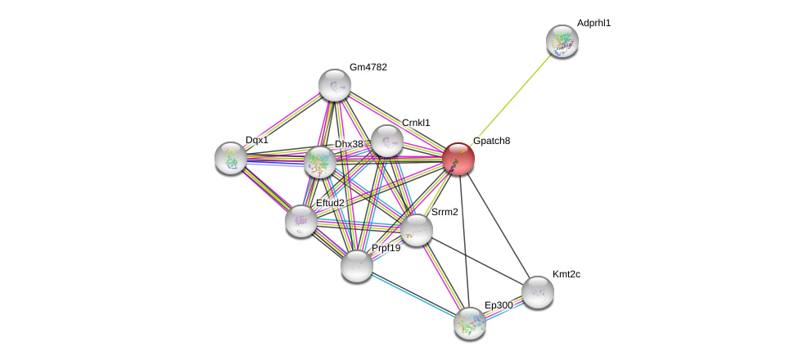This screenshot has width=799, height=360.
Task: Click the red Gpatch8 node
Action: pyautogui.click(x=458, y=158)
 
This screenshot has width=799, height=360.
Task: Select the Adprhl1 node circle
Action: pyautogui.click(x=562, y=41)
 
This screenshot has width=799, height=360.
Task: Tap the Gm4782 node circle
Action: pyautogui.click(x=334, y=85)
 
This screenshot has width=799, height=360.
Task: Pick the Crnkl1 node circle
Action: pyautogui.click(x=386, y=141)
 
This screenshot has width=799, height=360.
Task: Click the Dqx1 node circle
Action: pyautogui.click(x=231, y=158)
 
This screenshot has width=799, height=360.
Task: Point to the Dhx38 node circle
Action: pyautogui.click(x=320, y=162)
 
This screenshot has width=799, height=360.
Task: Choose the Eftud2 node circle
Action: pyautogui.click(x=301, y=219)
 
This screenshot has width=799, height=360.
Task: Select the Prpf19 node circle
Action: pyautogui.click(x=357, y=265)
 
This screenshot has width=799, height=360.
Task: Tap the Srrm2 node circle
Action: pyautogui.click(x=416, y=229)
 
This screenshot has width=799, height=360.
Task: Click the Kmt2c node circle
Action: pyautogui.click(x=537, y=291)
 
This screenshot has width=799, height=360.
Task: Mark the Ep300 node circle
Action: pyautogui.click(x=470, y=322)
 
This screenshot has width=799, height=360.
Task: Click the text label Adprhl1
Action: pyautogui.click(x=594, y=23)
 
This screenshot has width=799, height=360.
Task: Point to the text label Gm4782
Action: pyautogui.click(x=368, y=67)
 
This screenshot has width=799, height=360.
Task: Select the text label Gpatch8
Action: pyautogui.click(x=491, y=141)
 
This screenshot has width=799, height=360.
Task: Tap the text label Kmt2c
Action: pyautogui.click(x=566, y=274)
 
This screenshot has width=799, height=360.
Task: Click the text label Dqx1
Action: pyautogui.click(x=257, y=140)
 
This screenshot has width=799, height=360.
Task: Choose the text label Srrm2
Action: pyautogui.click(x=445, y=212)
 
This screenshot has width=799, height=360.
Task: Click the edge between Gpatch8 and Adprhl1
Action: pyautogui.click(x=511, y=99)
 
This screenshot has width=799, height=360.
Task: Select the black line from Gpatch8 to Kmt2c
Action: pyautogui.click(x=498, y=224)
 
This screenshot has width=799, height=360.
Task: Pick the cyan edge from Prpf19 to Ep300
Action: pyautogui.click(x=413, y=294)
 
